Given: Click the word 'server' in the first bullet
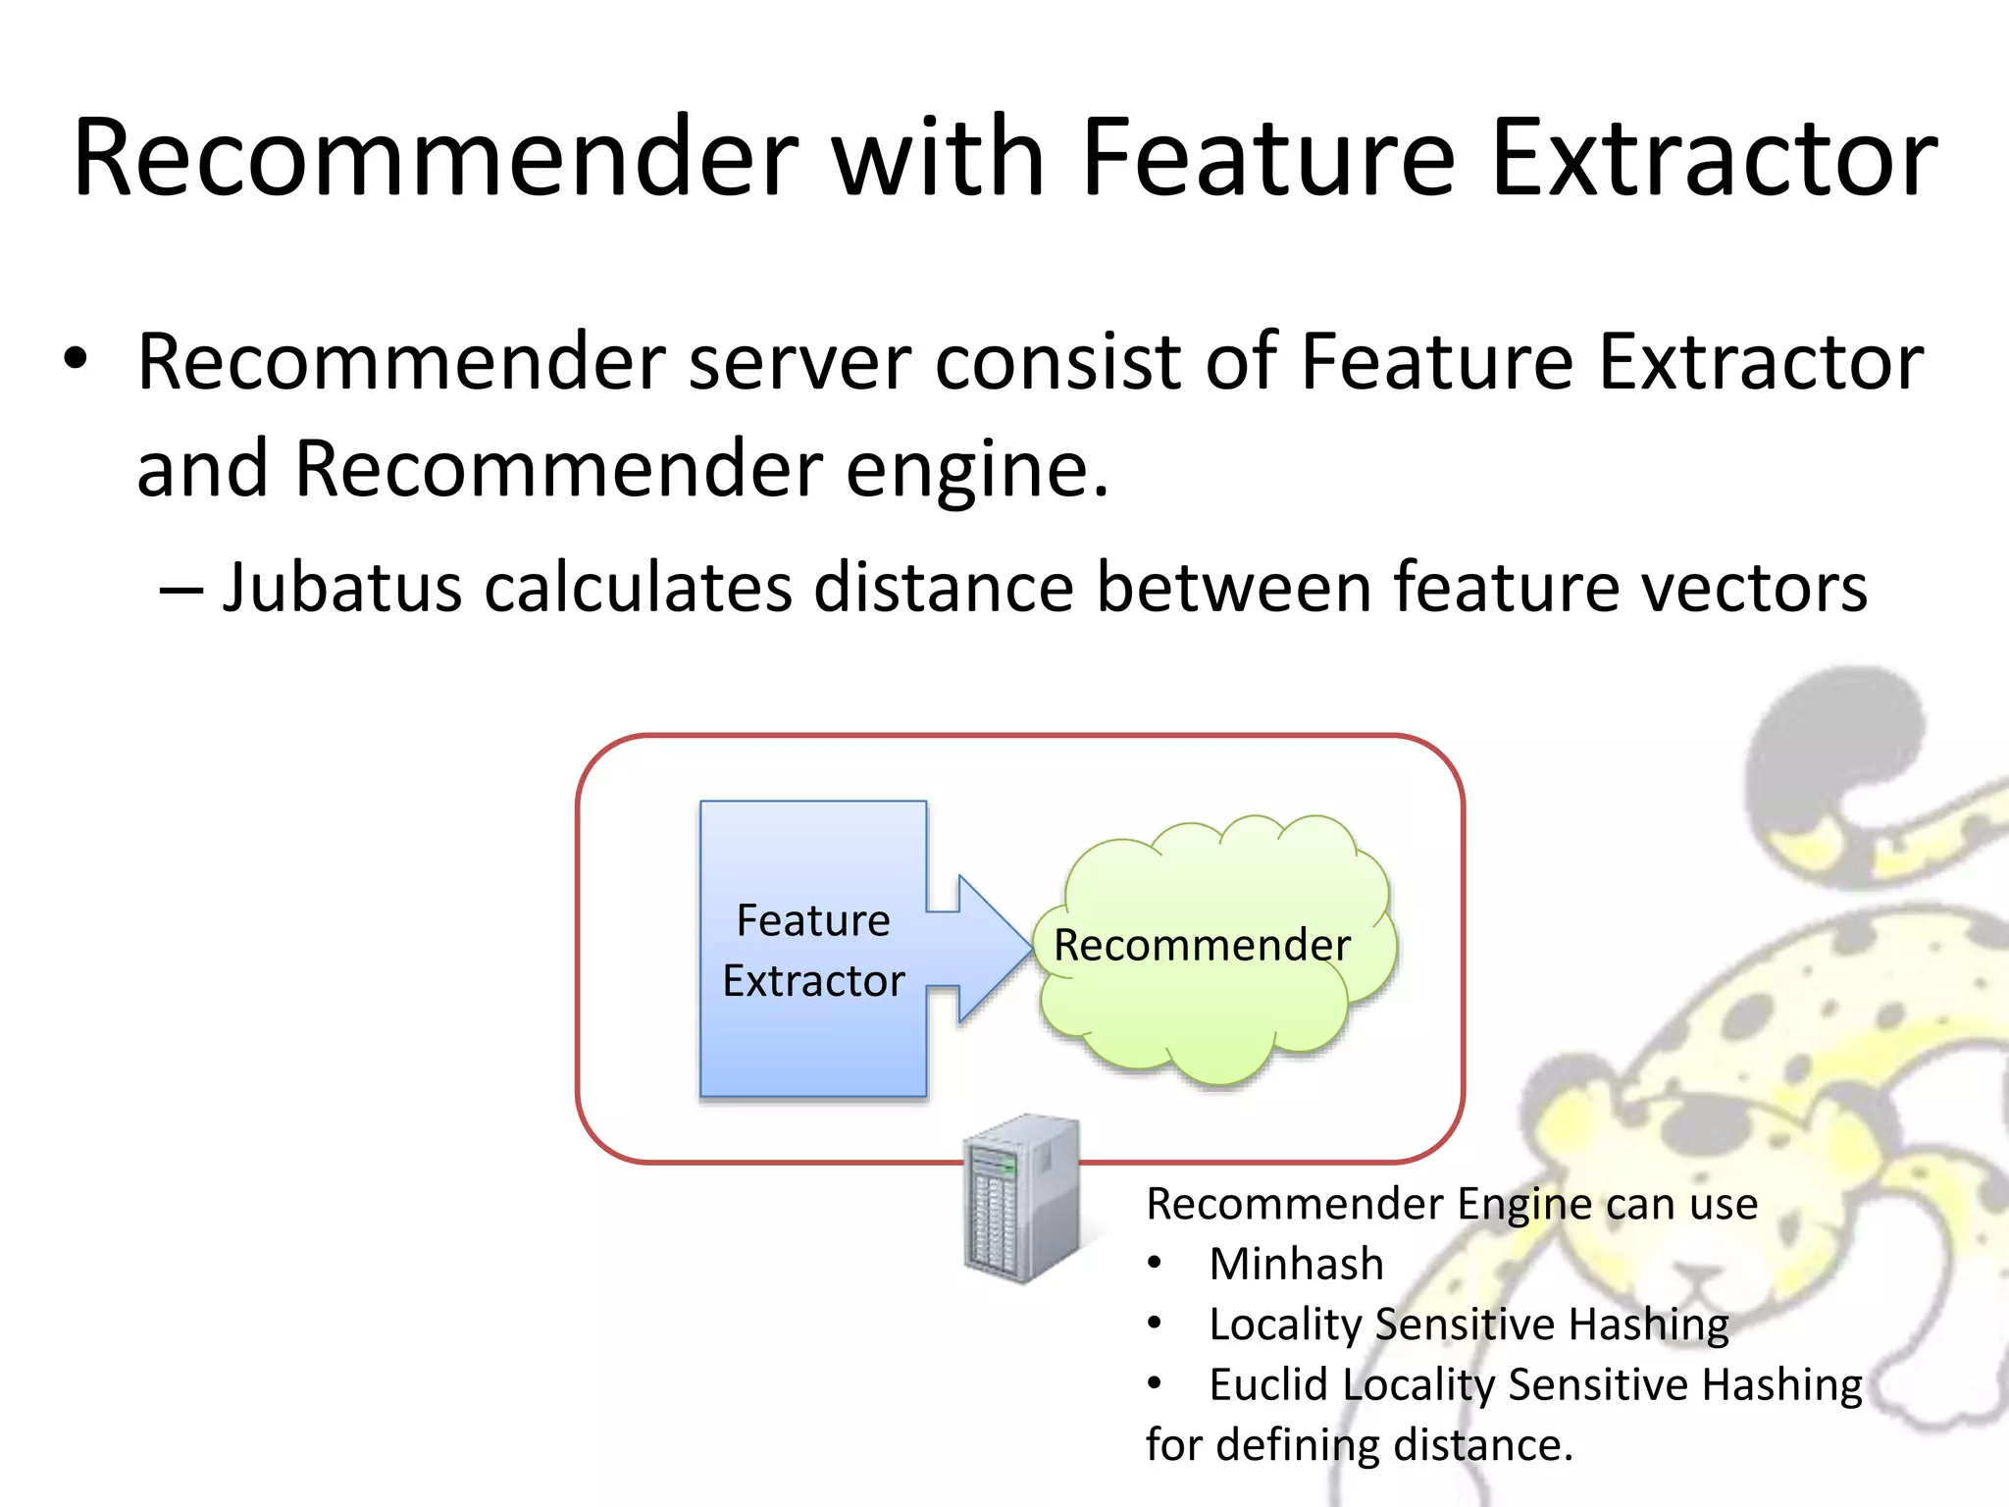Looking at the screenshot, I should pos(799,363).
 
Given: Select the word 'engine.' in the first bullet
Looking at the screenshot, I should pos(977,469).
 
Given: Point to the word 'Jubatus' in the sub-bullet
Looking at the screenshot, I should pos(341,588).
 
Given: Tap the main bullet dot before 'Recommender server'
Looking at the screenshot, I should pos(77,359).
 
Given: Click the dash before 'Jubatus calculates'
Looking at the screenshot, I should pos(180,590).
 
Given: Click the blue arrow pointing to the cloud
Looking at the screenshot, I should pos(981,948).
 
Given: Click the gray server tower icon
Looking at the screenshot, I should pos(1021,1199).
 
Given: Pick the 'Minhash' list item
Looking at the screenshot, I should pos(1296,1264).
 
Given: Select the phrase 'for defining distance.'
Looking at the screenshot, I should pos(1359,1445).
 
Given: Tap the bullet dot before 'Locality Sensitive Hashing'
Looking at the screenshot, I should pos(1155,1324).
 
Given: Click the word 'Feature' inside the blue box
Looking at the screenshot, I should pos(813,920).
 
